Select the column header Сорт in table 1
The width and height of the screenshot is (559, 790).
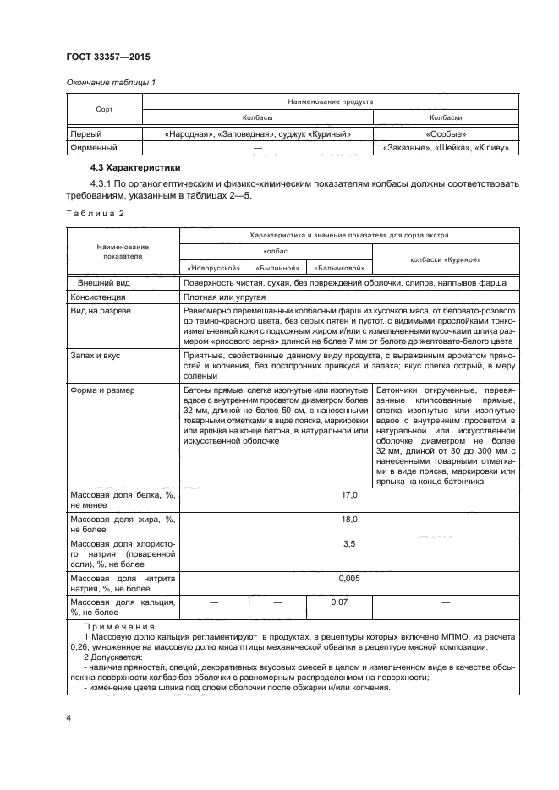tap(103, 110)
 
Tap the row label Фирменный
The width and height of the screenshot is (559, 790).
tap(92, 148)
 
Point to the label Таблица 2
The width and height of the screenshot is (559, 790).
tap(95, 213)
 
